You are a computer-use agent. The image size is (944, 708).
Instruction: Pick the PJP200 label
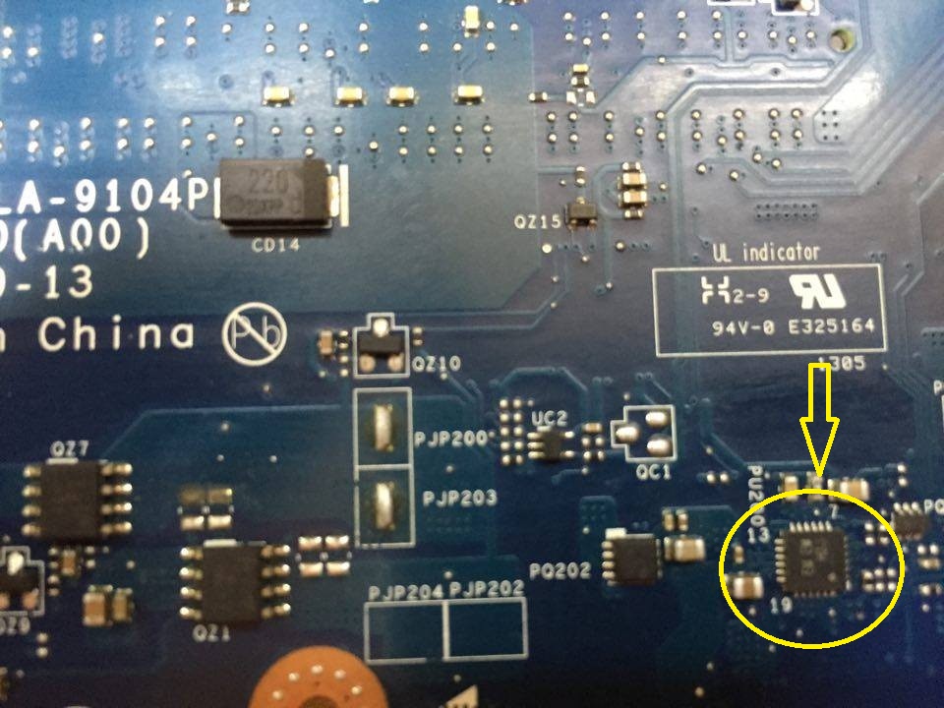click(x=454, y=440)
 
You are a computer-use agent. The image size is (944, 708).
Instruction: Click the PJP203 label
click(x=459, y=498)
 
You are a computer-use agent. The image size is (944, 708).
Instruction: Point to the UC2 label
click(x=549, y=418)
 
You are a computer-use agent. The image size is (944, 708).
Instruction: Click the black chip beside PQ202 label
click(x=632, y=558)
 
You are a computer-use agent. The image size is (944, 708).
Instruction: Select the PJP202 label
click(x=487, y=590)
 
